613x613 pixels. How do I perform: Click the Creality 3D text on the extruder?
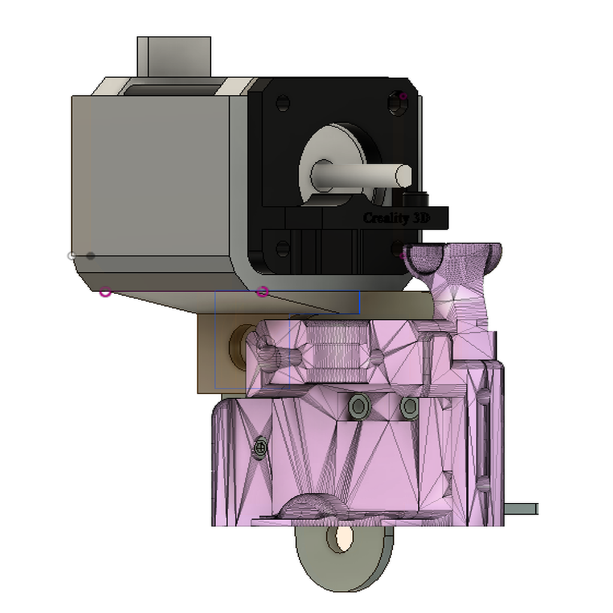(x=396, y=218)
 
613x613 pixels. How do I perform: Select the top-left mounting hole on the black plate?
(x=283, y=103)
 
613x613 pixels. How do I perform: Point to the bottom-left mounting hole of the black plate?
(x=283, y=248)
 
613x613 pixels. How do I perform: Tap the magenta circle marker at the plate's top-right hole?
(x=403, y=96)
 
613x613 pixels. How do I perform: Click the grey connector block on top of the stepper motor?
(x=174, y=56)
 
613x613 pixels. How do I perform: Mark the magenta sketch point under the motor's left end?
(x=105, y=292)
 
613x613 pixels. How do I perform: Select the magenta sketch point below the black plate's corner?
(x=262, y=292)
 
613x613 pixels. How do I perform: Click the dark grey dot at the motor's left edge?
(x=90, y=256)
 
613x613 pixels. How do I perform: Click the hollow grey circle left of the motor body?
(x=72, y=256)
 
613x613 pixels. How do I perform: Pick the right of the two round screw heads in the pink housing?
(x=409, y=407)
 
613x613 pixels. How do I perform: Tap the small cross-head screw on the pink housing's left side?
(x=260, y=446)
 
